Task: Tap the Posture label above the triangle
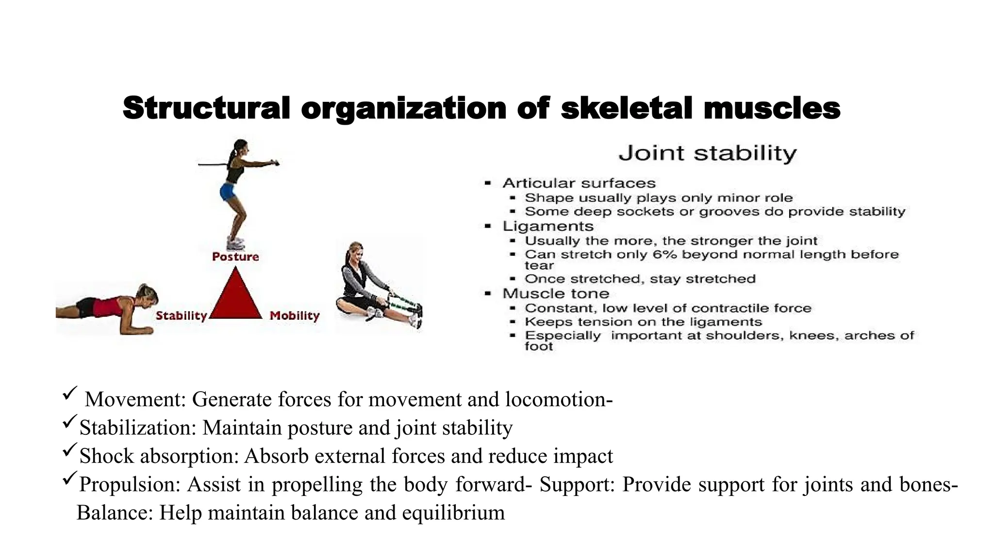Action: [x=235, y=257]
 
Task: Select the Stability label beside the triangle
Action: [x=181, y=316]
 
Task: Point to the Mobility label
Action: [x=295, y=316]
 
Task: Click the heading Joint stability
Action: [x=707, y=153]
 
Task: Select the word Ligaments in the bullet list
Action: [x=548, y=226]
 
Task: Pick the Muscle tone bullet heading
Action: [x=556, y=294]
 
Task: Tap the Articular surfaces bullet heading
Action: [x=579, y=183]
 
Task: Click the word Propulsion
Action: [x=128, y=484]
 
